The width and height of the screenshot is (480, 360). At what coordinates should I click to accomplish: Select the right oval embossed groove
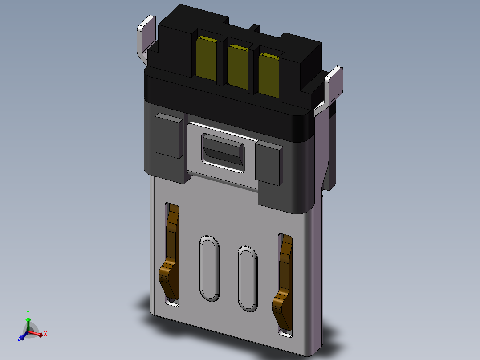point(248,278)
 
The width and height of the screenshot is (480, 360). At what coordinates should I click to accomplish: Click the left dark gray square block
point(168,135)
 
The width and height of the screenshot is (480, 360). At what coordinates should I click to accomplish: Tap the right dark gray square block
point(269,163)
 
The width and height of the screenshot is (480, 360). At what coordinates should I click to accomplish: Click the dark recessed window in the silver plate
point(223,152)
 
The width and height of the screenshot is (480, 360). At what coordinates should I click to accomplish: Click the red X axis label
point(45,333)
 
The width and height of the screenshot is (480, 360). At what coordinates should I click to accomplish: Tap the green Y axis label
point(28,312)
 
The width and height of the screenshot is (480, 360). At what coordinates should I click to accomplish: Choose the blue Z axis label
point(20,338)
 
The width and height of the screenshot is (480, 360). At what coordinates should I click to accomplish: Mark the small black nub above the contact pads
point(254,28)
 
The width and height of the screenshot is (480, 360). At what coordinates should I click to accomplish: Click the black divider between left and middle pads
point(221,62)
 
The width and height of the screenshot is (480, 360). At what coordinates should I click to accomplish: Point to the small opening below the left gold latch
point(172,303)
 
